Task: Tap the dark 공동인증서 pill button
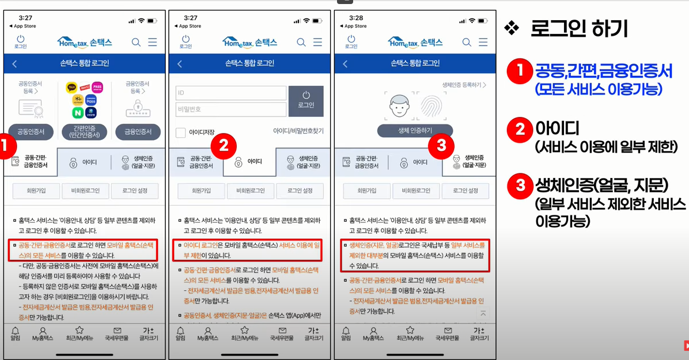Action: pos(31,132)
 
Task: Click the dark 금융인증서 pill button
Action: pos(138,132)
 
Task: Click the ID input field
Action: pos(230,93)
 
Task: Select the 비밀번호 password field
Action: pos(230,109)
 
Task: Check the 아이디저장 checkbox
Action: pos(181,132)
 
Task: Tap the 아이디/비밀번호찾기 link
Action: pos(298,131)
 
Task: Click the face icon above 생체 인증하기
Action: pos(399,105)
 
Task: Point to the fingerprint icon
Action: pos(431,105)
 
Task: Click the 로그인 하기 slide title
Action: pos(578,29)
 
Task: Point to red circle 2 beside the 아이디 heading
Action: pos(520,130)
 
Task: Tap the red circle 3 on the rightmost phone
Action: pos(441,146)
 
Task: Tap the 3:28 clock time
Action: pos(355,18)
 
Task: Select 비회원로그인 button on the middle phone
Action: pos(250,191)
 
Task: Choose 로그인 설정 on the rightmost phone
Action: pos(465,191)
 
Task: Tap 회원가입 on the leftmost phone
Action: pos(36,191)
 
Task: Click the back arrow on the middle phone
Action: pos(180,63)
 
